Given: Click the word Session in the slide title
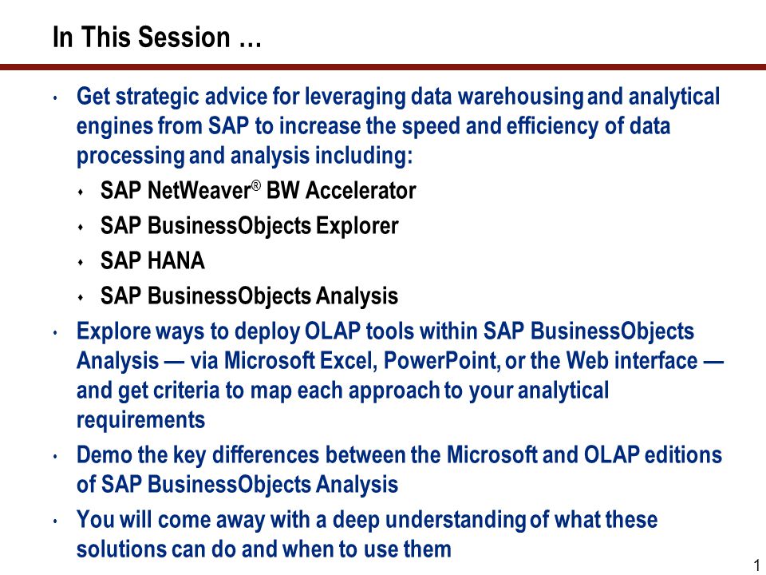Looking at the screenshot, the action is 184,38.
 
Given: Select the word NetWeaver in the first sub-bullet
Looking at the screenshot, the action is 199,190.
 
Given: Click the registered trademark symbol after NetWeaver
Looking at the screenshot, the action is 256,185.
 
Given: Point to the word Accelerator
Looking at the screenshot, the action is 361,190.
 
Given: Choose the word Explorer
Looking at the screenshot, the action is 357,226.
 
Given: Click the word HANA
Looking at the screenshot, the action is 176,260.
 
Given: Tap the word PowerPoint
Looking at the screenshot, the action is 441,361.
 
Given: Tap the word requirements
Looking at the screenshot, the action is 140,420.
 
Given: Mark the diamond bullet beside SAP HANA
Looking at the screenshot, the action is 81,263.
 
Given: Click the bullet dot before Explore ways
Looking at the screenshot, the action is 55,333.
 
